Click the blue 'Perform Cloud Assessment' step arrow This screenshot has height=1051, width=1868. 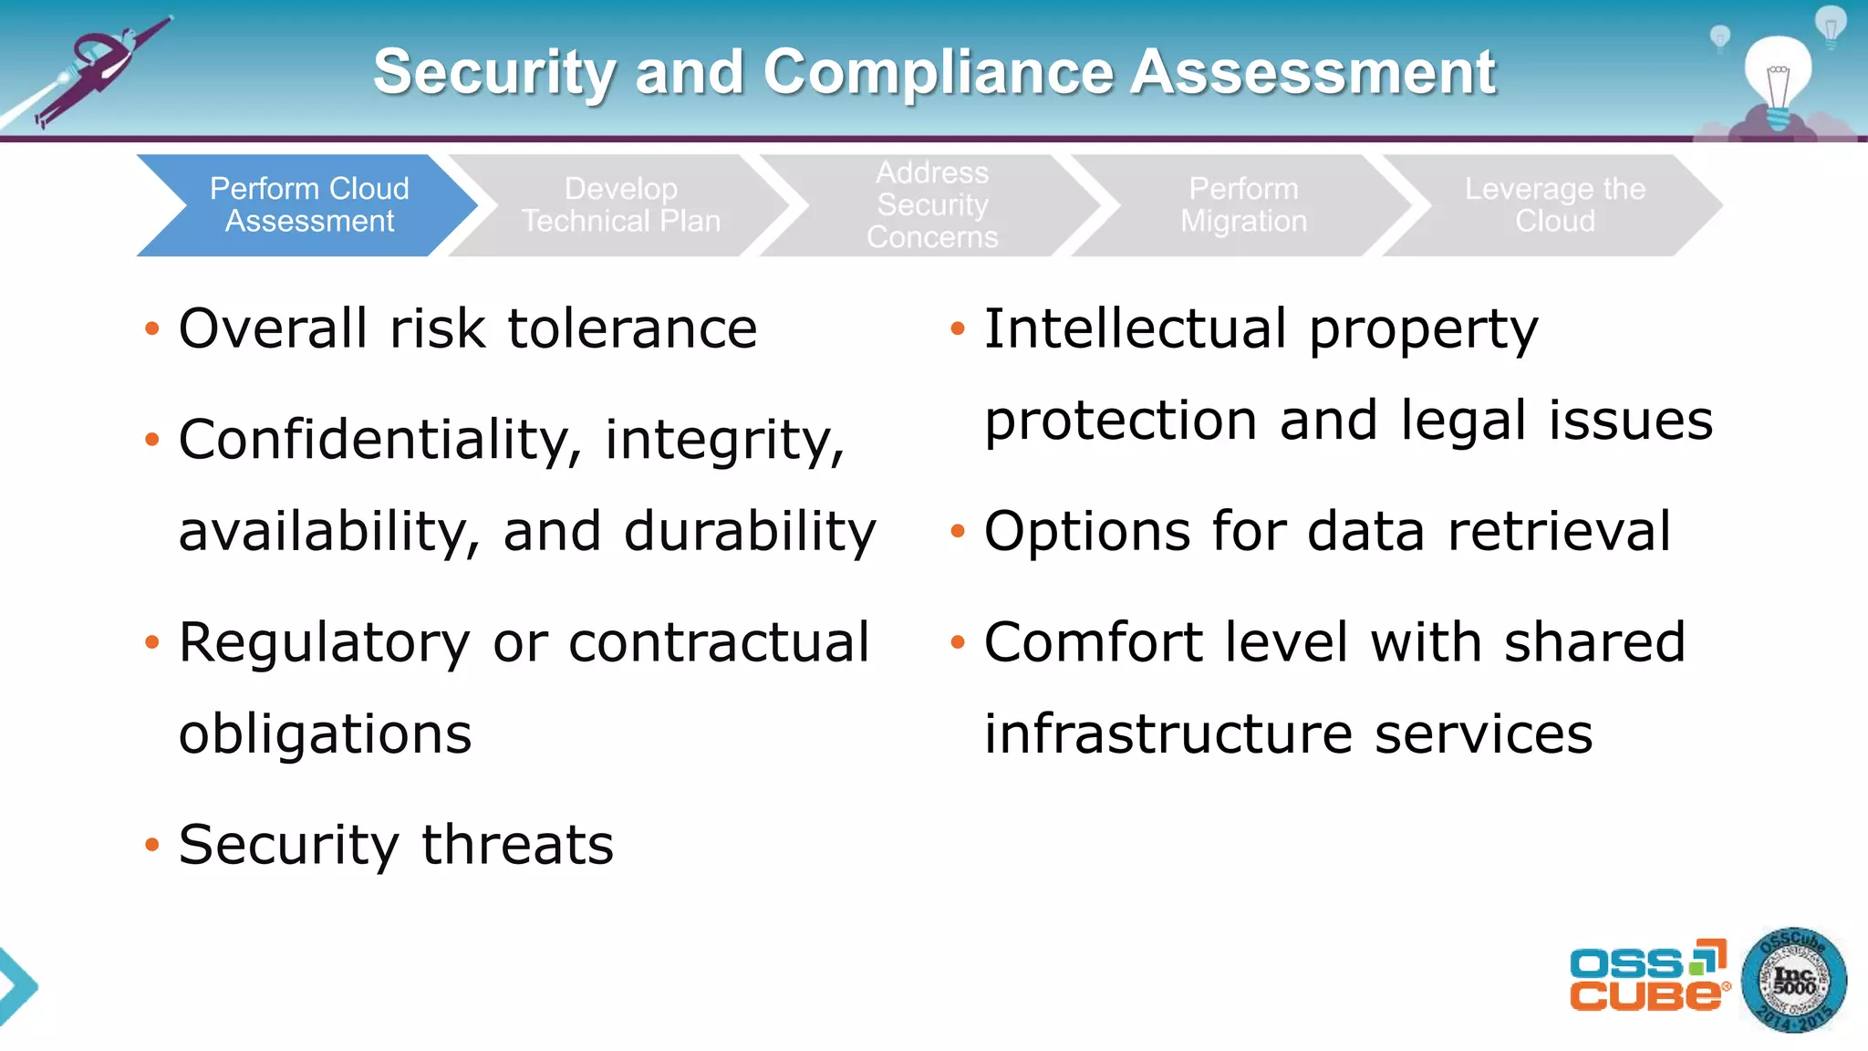click(308, 205)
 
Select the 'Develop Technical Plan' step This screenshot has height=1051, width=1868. click(620, 205)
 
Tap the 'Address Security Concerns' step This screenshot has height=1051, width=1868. click(931, 205)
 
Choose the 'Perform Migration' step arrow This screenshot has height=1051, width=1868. click(1243, 205)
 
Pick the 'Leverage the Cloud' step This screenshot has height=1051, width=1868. click(1554, 205)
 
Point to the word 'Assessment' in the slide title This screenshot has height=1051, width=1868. click(1313, 72)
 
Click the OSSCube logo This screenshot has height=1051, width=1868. click(1647, 976)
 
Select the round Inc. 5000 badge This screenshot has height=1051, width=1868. click(1793, 981)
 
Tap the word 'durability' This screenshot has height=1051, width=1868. click(750, 532)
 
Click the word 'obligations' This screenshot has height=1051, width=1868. click(326, 734)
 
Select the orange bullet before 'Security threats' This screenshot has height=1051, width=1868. click(152, 845)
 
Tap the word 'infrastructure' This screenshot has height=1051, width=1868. click(1168, 734)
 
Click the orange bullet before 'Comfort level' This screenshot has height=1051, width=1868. click(957, 642)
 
